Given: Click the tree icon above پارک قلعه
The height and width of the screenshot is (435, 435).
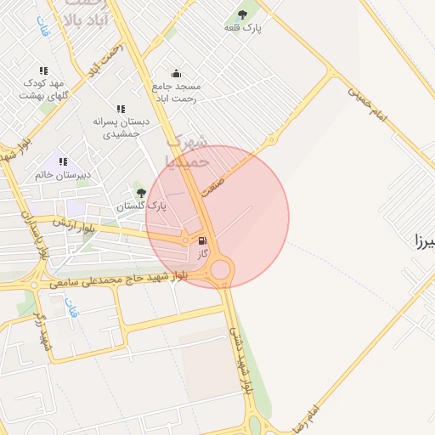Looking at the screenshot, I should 243,14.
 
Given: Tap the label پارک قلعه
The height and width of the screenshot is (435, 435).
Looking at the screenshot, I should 242,28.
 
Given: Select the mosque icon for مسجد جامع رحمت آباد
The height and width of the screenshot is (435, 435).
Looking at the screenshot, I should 176,73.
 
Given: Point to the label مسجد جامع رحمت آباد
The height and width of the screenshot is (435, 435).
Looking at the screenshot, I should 176,93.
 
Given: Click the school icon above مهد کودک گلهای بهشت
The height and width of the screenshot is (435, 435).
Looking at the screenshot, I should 42,71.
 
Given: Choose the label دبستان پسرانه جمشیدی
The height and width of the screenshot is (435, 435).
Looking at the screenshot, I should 121,127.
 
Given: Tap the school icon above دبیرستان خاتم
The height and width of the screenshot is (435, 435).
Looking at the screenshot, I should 62,161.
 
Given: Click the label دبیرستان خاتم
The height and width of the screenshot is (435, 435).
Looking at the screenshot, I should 61,175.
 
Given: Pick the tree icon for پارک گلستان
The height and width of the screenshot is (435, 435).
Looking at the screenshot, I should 141,193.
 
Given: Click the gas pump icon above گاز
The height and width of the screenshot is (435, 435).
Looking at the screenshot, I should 202,240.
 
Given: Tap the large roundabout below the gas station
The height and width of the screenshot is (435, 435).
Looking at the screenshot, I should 221,270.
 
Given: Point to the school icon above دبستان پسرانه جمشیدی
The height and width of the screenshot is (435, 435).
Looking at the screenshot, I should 121,109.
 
